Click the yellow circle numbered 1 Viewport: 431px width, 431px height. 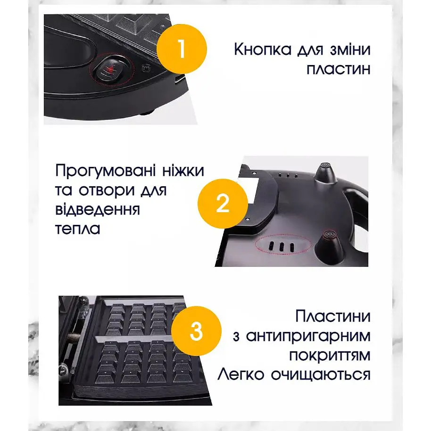point(182,49)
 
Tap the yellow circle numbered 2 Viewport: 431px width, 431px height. point(223,204)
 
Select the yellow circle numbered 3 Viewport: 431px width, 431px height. point(196,331)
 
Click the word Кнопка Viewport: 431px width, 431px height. point(263,50)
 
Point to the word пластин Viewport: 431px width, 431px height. point(339,69)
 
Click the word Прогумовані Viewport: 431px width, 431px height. point(106,171)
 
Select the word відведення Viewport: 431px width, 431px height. point(98,209)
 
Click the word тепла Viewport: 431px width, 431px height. point(77,229)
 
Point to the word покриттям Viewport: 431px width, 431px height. point(330,356)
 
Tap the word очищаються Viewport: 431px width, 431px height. point(321,375)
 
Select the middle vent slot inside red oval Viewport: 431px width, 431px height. point(282,247)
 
